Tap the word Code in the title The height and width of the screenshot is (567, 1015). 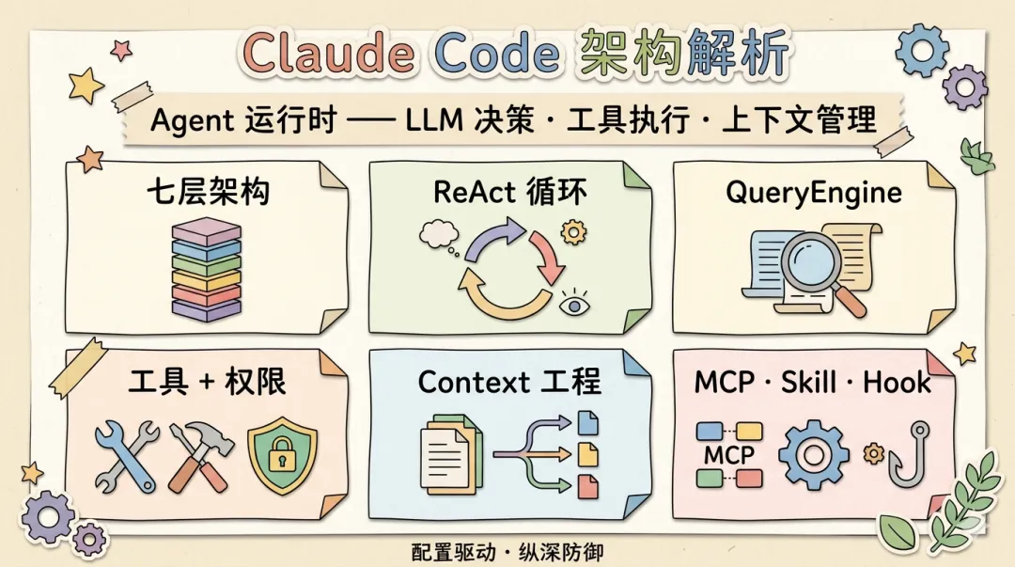pyautogui.click(x=495, y=55)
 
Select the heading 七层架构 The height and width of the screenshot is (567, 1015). pyautogui.click(x=208, y=192)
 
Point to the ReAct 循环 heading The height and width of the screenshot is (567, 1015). pyautogui.click(x=510, y=192)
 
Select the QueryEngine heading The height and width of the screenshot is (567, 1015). pyautogui.click(x=814, y=192)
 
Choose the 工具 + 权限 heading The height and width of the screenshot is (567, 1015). pyautogui.click(x=208, y=382)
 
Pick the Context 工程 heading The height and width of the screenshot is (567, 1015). pyautogui.click(x=509, y=382)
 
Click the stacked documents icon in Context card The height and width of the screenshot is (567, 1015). pyautogui.click(x=449, y=456)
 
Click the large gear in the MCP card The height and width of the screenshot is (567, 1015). pyautogui.click(x=814, y=455)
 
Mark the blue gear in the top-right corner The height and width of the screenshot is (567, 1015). pyautogui.click(x=921, y=49)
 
